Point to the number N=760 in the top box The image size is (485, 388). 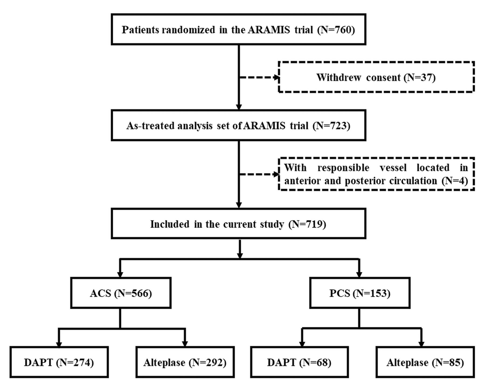click(x=336, y=30)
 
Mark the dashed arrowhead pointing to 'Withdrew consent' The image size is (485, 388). click(x=277, y=78)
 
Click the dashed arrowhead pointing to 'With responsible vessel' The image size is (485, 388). click(x=277, y=174)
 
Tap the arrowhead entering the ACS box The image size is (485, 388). click(x=120, y=274)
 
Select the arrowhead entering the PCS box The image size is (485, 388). click(x=359, y=274)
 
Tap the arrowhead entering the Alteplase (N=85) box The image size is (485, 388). click(x=421, y=344)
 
